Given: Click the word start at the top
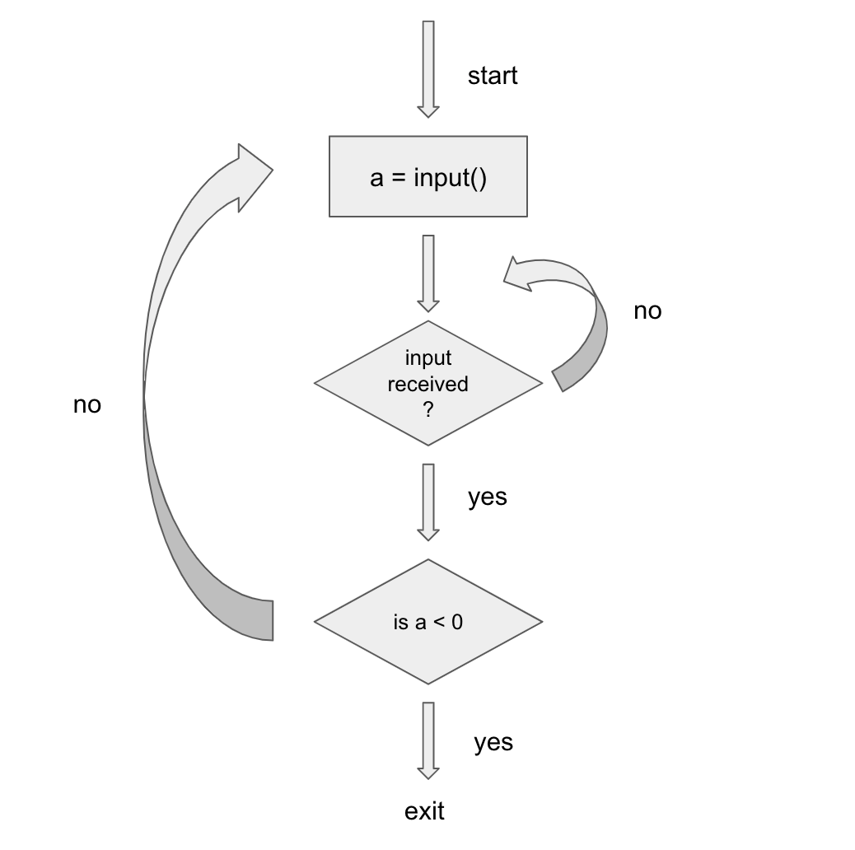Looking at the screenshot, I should point(493,76).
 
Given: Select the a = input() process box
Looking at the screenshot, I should point(427,177).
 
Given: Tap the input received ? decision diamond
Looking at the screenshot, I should point(427,383).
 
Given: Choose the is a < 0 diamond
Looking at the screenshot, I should point(427,622).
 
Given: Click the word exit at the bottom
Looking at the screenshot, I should point(424,811).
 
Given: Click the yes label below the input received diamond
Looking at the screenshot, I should point(487,497).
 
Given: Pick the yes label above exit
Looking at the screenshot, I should point(493,742).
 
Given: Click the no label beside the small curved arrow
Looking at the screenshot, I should point(647,311).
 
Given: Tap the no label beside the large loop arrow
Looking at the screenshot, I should point(87,404).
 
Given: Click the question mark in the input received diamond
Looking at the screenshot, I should point(427,409).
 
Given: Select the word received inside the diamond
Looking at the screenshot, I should point(427,384).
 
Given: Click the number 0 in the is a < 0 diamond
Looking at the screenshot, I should point(456,622).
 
